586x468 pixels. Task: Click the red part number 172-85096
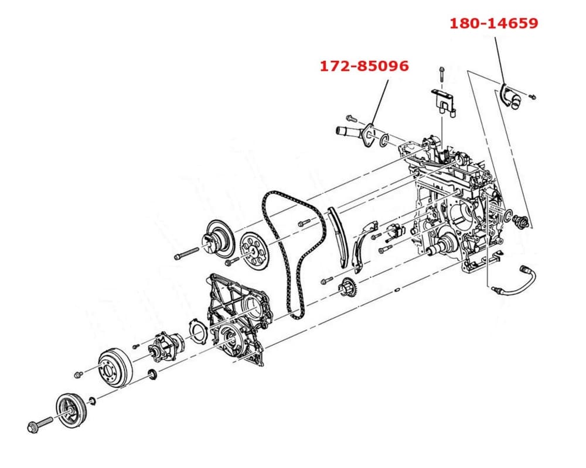(364, 66)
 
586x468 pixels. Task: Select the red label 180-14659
(493, 23)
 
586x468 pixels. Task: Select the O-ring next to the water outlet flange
(384, 140)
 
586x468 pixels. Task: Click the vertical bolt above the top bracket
(441, 75)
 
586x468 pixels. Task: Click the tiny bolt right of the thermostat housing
(533, 95)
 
